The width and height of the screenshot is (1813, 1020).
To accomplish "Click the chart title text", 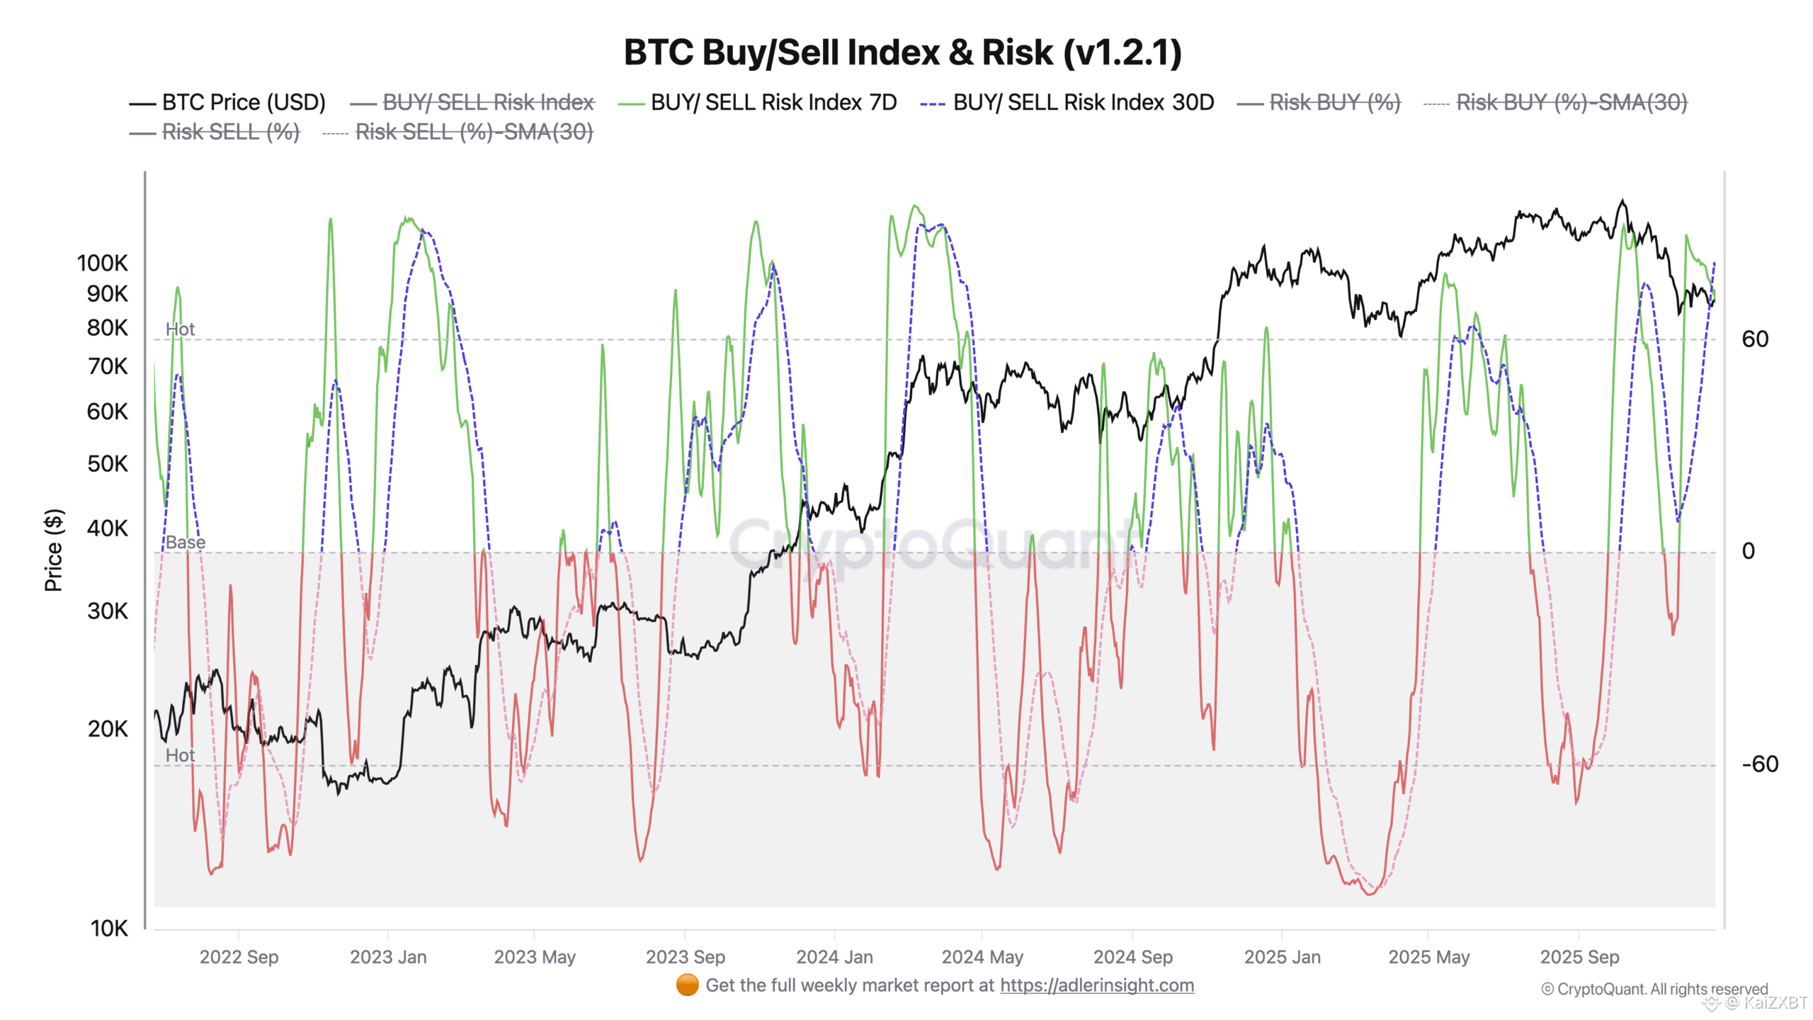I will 903,52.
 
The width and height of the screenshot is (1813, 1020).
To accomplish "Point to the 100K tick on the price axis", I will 103,263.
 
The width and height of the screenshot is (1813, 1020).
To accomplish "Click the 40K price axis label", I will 108,528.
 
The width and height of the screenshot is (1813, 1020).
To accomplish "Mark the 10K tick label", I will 109,929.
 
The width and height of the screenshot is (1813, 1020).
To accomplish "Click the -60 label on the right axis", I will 1760,764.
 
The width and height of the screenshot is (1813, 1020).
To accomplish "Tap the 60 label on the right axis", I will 1755,339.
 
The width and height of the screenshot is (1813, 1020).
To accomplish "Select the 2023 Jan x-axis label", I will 388,957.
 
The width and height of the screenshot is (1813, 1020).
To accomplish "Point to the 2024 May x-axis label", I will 982,957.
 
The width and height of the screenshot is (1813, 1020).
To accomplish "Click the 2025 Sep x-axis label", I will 1579,957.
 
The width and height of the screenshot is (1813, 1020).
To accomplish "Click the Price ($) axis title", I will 54,550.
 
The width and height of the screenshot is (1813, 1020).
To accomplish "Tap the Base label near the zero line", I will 186,543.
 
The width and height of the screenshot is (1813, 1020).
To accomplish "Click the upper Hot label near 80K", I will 180,329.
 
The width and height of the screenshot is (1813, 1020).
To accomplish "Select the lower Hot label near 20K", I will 180,756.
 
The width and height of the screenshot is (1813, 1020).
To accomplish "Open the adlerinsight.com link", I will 1097,985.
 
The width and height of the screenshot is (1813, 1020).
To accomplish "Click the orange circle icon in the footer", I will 687,985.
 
